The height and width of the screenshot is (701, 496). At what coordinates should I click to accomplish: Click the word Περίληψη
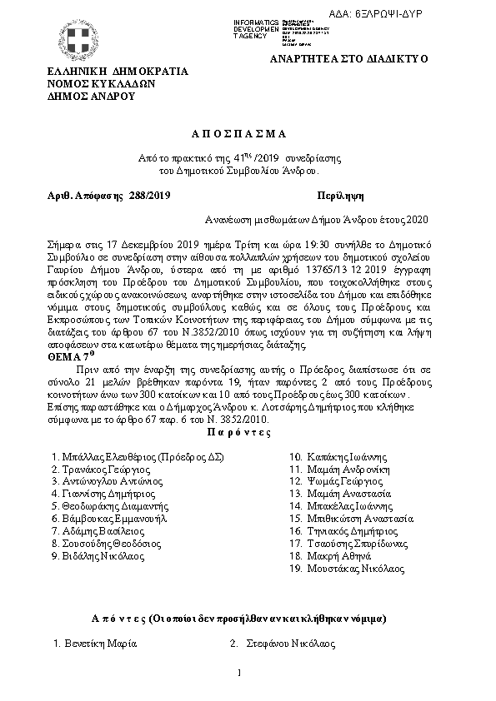pyautogui.click(x=340, y=196)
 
